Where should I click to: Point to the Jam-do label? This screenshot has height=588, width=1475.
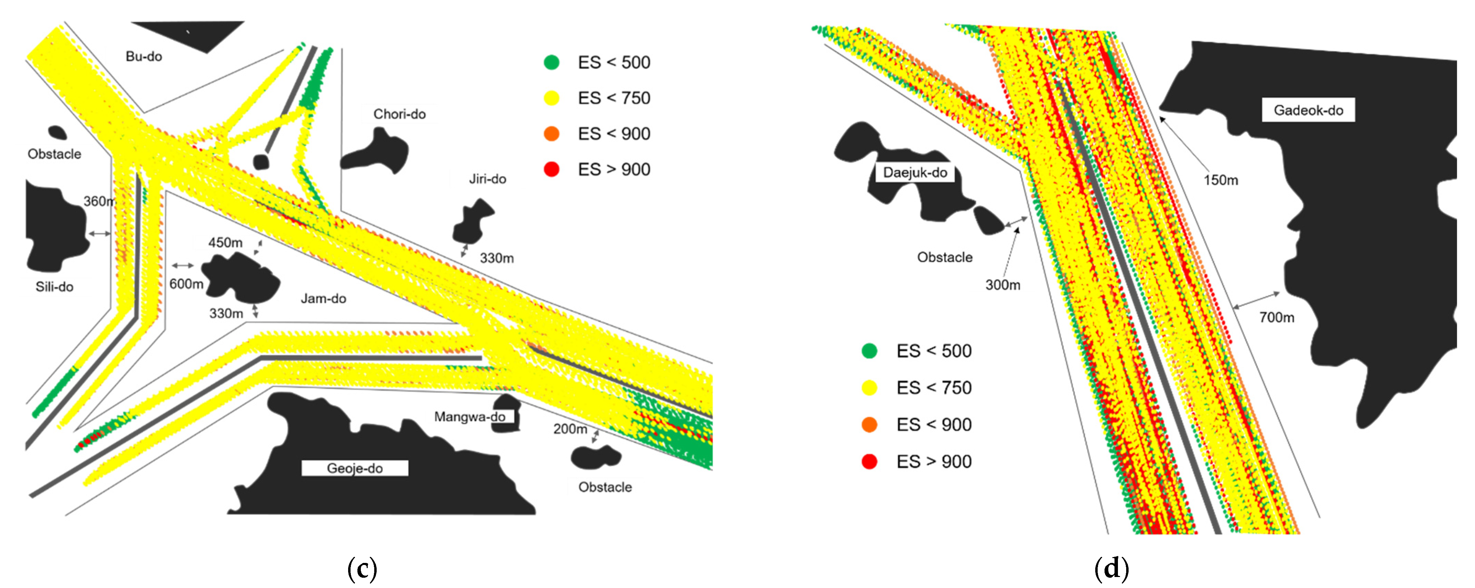point(323,298)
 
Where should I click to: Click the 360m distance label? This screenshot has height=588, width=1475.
point(99,201)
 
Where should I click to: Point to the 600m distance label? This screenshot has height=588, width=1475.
point(186,284)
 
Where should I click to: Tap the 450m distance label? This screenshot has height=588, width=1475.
point(225,243)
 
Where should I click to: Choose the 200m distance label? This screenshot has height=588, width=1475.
point(570,429)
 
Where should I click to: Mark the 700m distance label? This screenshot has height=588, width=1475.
point(1276,317)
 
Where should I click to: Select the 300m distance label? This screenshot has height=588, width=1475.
point(1002,285)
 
